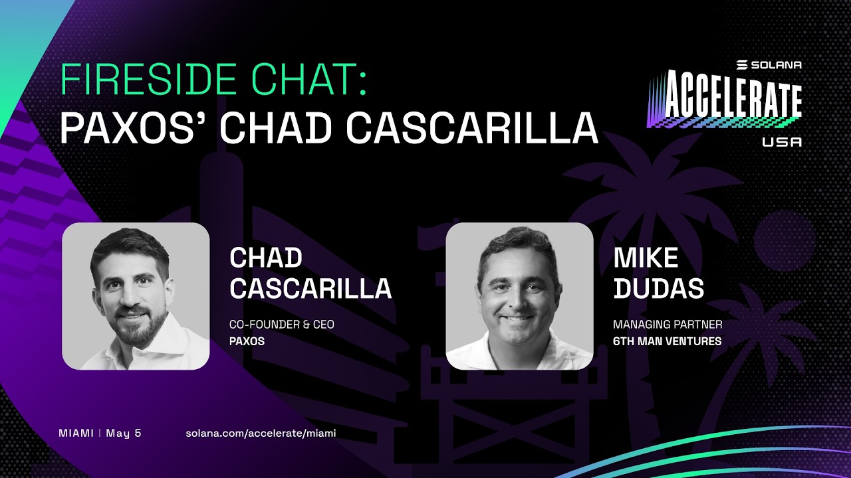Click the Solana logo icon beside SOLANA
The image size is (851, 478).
[x=742, y=65]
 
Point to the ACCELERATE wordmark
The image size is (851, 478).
[x=725, y=100]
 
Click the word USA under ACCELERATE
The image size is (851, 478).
[x=782, y=142]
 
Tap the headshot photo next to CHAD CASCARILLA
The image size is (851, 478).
[x=136, y=296]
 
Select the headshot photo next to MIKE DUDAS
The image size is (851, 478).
[x=519, y=296]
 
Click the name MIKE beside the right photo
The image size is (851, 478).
[x=646, y=258]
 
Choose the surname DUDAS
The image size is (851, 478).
[x=658, y=288]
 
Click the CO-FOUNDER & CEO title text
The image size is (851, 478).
[x=281, y=325]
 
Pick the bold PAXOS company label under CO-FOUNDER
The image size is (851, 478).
[x=247, y=341]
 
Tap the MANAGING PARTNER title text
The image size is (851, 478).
[x=668, y=325]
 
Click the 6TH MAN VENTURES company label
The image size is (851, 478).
[x=667, y=341]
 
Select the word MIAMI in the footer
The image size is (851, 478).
[x=76, y=433]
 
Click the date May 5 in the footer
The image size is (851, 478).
[x=124, y=434]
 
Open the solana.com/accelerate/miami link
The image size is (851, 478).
[x=261, y=434]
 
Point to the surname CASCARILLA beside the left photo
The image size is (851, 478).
[x=310, y=288]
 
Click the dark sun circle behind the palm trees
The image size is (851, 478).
[x=785, y=241]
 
